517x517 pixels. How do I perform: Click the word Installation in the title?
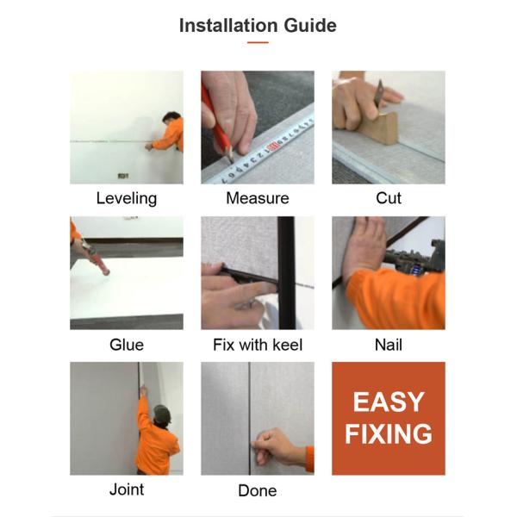click(227, 25)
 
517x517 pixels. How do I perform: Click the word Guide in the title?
click(310, 25)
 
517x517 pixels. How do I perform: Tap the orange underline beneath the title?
click(258, 42)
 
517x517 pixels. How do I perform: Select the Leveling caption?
click(127, 199)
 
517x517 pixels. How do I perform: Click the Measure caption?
click(258, 198)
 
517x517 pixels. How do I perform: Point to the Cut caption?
click(389, 198)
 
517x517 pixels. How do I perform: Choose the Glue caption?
click(127, 345)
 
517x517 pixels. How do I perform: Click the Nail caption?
click(389, 345)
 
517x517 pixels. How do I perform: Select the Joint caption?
click(127, 489)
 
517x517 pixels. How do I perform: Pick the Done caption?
click(258, 490)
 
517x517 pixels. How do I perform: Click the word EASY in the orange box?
click(389, 402)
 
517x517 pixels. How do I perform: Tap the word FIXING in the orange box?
click(389, 434)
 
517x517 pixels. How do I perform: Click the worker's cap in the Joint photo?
click(162, 414)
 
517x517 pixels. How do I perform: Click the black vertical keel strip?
click(286, 272)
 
